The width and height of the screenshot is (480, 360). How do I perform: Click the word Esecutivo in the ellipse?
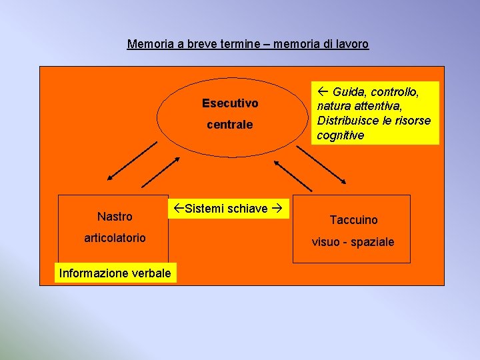coord(230,103)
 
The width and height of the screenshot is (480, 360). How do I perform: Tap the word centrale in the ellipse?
coord(230,125)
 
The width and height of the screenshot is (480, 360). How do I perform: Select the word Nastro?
coord(115,217)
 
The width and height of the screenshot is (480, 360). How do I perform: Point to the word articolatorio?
coord(115,238)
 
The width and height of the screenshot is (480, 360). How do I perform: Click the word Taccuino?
coord(353,220)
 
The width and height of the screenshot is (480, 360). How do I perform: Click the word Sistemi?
coord(205,209)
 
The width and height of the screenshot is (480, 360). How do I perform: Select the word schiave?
coord(249,209)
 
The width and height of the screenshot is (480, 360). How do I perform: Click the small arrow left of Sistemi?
coord(177,209)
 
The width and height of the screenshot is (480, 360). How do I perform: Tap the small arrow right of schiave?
coord(277,209)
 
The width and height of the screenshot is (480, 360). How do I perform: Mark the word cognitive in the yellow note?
coord(340,135)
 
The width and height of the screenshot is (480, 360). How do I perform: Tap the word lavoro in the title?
coord(352,45)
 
